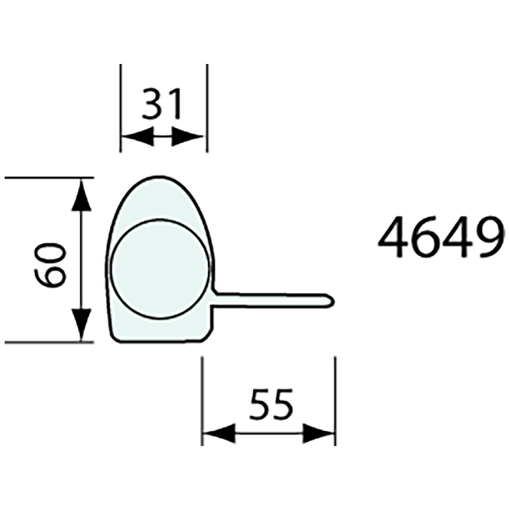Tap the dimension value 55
[271, 404]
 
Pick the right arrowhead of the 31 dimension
[188, 137]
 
